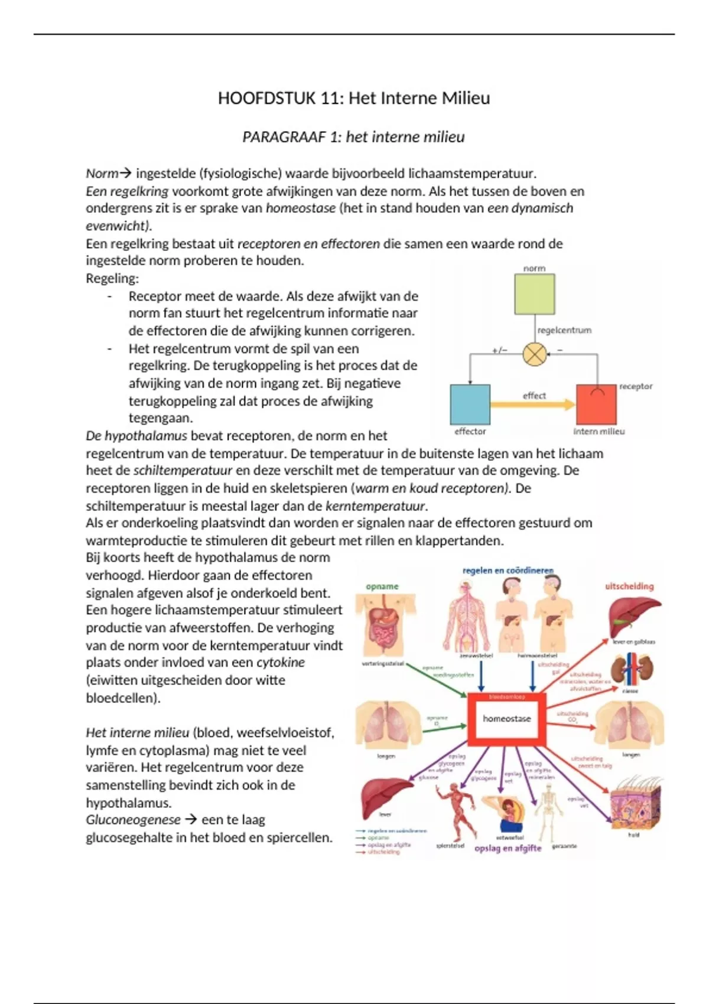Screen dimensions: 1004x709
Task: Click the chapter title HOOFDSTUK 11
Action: [x=354, y=98]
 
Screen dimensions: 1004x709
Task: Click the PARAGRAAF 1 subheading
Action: [x=353, y=137]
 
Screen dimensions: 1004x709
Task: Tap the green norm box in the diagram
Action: [x=534, y=294]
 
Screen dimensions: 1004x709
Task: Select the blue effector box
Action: [x=470, y=405]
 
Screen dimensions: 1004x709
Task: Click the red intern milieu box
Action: [x=596, y=405]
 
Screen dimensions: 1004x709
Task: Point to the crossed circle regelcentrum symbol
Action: [x=535, y=354]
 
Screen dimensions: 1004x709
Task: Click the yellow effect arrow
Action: [x=532, y=405]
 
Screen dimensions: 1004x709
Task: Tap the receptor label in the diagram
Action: [x=636, y=386]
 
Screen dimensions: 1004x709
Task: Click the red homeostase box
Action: [x=506, y=719]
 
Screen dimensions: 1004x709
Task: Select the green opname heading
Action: [x=382, y=586]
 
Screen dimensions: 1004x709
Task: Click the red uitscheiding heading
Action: [x=629, y=586]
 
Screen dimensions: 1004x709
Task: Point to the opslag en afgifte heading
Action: [x=508, y=848]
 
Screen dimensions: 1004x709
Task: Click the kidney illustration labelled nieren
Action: [x=630, y=670]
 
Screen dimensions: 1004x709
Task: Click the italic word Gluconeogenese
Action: [x=133, y=820]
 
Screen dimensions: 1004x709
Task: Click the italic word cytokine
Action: [x=281, y=663]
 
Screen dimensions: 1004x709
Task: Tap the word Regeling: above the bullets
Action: [x=112, y=278]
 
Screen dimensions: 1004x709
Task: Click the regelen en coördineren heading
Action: [x=508, y=571]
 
